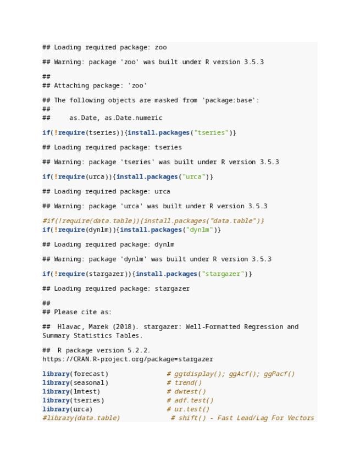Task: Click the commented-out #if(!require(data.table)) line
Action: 153,221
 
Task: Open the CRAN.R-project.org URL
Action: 128,359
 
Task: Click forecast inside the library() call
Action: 88,374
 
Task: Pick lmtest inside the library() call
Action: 85,391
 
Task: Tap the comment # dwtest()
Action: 186,391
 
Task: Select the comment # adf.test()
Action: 190,400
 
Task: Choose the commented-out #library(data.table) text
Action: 81,418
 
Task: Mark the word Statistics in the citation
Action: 95,335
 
